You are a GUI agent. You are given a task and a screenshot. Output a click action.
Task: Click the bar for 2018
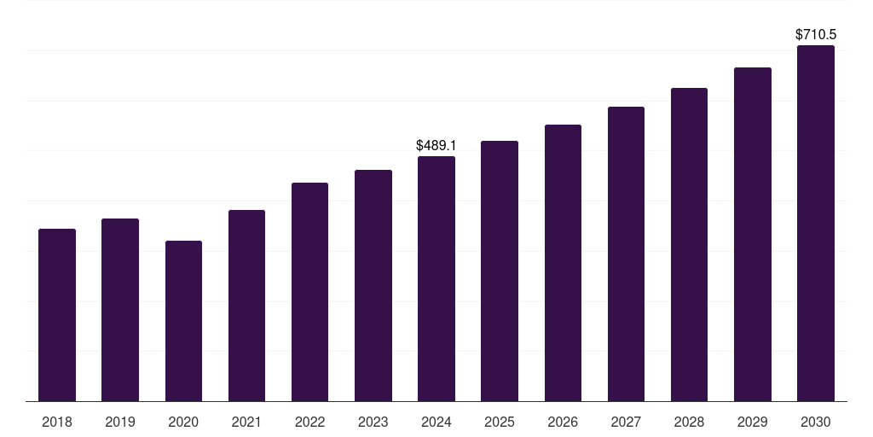(57, 315)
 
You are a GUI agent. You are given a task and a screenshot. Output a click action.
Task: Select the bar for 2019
(120, 310)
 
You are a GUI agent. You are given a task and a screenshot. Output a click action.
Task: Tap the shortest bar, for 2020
(183, 321)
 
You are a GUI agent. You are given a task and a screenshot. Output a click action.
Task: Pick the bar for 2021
(246, 306)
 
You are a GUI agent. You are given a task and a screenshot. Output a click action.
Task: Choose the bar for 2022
(309, 292)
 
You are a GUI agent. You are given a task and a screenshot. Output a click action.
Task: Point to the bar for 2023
(373, 285)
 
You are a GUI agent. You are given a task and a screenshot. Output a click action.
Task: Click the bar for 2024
(436, 278)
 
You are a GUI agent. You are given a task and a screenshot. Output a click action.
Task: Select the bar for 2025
(500, 271)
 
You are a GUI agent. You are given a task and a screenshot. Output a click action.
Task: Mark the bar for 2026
(563, 263)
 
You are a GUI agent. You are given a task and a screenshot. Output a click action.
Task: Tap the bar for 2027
(626, 253)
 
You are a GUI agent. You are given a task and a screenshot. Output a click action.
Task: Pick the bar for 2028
(689, 244)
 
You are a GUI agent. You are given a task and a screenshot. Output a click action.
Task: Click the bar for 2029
(753, 234)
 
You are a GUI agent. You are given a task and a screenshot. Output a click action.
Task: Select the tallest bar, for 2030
(816, 223)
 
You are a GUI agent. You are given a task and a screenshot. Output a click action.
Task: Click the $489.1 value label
(436, 146)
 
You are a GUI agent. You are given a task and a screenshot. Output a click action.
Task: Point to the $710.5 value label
(816, 35)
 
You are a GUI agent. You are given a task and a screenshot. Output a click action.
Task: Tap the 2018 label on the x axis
(57, 422)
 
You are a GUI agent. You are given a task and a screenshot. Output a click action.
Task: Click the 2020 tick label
(183, 422)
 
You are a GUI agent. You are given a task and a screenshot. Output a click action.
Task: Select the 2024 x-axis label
(436, 422)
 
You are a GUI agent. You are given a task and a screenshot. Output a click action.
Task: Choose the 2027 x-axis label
(626, 422)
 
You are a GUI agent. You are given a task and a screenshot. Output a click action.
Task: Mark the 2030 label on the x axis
(816, 422)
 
